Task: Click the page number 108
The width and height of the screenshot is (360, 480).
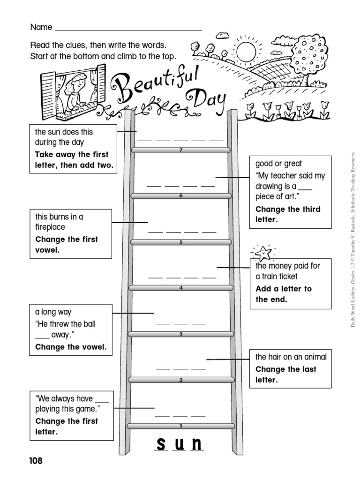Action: (x=36, y=461)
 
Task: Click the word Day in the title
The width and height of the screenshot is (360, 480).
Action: (x=206, y=100)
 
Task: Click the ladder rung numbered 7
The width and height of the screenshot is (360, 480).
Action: (x=181, y=150)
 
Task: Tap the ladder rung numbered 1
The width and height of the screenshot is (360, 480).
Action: (x=180, y=426)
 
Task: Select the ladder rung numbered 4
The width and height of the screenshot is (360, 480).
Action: (x=180, y=288)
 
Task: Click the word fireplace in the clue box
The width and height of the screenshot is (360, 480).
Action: (x=50, y=227)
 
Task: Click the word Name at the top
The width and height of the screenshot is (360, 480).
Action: (x=41, y=27)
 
